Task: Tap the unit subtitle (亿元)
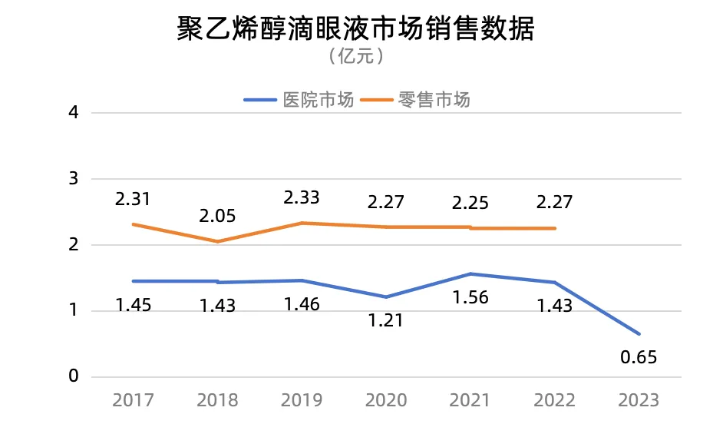point(355,56)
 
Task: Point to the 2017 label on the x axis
point(133,400)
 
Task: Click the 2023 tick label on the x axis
point(639,400)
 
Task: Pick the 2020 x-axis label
point(386,400)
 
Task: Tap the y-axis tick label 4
point(74,113)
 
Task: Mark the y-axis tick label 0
point(74,377)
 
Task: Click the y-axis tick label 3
point(74,179)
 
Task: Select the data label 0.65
point(639,357)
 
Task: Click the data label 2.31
point(133,200)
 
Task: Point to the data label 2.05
point(217,216)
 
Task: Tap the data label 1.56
point(470,298)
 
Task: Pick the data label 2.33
point(302,197)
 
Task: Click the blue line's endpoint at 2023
point(639,334)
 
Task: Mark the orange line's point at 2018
point(217,241)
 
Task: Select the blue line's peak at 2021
point(470,273)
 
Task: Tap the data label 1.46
point(302,304)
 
